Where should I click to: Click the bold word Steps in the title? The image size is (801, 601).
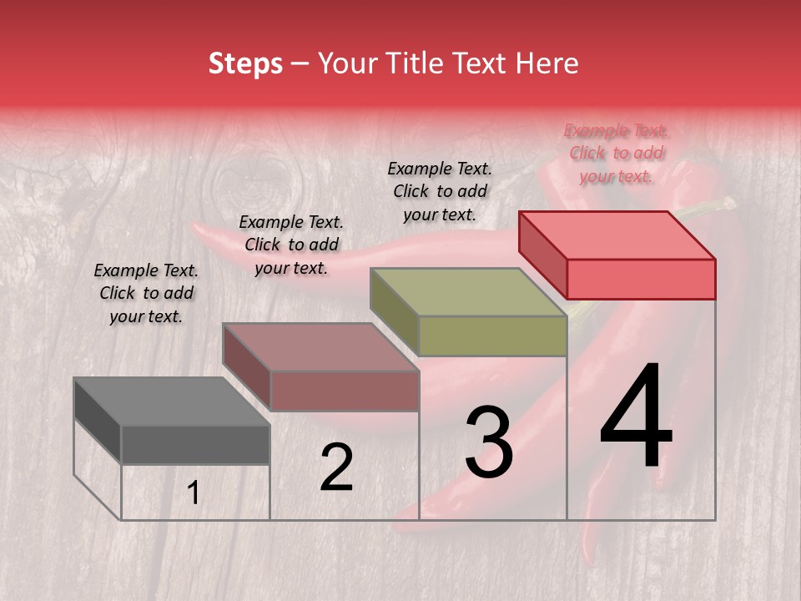pos(245,63)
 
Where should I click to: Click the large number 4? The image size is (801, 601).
pos(636,417)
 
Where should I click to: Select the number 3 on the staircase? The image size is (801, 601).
pos(488,442)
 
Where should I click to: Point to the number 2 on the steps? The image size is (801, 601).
pos(336,467)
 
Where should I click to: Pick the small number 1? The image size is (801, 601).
pos(194,493)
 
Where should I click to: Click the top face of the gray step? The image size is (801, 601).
pos(171,401)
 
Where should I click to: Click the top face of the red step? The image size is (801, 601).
pos(617,235)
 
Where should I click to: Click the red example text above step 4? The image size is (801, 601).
pos(616,153)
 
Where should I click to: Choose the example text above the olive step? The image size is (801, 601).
pos(440,191)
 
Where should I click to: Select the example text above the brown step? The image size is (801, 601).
pos(291,245)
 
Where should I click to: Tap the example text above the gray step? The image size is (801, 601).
pos(146,293)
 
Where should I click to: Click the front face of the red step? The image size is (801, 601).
pos(641,279)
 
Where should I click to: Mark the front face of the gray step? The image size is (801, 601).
pos(195,444)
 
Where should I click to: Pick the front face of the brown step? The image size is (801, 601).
pos(344,391)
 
